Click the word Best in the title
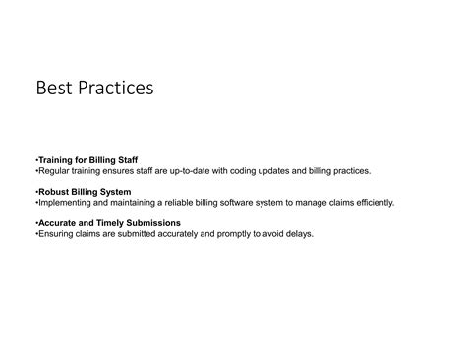pyautogui.click(x=54, y=89)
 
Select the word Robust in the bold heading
pyautogui.click(x=54, y=191)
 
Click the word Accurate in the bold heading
pyautogui.click(x=58, y=223)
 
